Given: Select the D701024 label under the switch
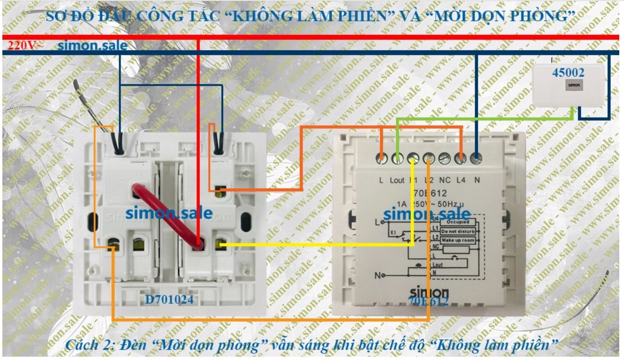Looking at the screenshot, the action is click(x=169, y=299).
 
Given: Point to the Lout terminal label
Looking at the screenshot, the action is click(x=397, y=180).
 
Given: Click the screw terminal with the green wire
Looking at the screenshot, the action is click(x=397, y=159).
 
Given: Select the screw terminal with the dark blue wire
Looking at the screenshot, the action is click(x=476, y=159).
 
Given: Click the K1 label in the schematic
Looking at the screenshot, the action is click(x=394, y=233).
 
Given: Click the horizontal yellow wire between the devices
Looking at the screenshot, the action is click(x=317, y=245).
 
